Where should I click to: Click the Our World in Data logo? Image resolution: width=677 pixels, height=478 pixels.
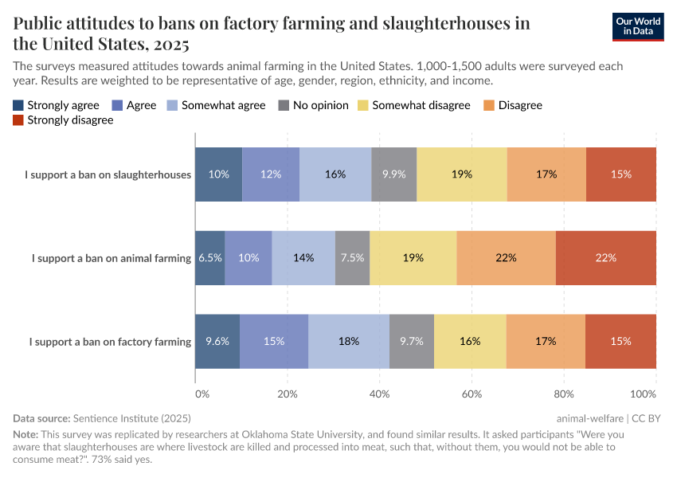pos(637,26)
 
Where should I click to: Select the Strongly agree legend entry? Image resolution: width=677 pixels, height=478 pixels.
pos(56,105)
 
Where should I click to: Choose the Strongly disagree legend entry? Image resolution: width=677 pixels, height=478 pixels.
pos(63,120)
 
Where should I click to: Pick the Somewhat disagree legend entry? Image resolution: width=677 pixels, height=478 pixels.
pos(413,105)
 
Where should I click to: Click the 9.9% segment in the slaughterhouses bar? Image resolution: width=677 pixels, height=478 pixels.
pos(394,174)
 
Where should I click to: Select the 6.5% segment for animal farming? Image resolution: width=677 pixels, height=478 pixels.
pos(210,258)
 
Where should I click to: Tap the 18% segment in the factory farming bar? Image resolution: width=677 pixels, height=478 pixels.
pos(349,341)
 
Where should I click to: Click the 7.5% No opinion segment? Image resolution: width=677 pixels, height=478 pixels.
pos(352,258)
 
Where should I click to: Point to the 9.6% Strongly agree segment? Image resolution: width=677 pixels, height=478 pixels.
pos(217,341)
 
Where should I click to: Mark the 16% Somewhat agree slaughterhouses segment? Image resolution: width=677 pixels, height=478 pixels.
pos(335,174)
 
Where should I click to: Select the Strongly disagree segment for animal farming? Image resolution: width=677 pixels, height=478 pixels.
pos(606,258)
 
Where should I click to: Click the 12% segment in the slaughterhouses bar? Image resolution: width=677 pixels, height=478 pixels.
pos(271,174)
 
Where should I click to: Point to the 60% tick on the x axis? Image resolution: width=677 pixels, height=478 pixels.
pos(472,394)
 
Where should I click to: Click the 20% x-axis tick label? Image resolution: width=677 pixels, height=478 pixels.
pos(288,394)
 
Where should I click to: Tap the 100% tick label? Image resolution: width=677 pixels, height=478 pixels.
pos(642,394)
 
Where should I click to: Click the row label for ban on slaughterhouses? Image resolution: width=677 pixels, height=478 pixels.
pos(108,174)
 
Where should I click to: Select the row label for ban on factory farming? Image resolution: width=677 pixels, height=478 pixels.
pos(110,342)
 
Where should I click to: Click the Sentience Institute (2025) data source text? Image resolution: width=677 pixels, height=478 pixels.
pos(131,418)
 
